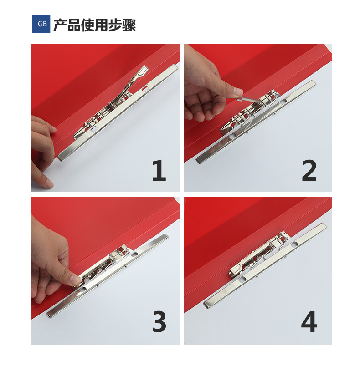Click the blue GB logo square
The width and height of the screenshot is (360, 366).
(x=41, y=24)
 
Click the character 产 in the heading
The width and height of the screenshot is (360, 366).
(x=61, y=25)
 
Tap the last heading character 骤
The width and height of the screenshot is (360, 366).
(x=129, y=25)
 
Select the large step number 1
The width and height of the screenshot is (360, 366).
(x=159, y=170)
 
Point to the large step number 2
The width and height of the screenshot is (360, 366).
(x=309, y=170)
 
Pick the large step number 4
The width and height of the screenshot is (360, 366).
(x=309, y=322)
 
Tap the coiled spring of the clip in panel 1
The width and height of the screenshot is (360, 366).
(x=113, y=106)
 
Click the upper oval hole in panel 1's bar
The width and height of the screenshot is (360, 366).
(x=145, y=88)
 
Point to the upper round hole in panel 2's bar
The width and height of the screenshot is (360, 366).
(x=284, y=101)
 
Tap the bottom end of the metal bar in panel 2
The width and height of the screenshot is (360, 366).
(x=199, y=160)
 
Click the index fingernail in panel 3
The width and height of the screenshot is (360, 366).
(x=74, y=280)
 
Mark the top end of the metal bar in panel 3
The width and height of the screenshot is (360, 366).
(x=165, y=237)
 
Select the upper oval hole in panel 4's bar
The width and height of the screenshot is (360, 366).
(x=294, y=244)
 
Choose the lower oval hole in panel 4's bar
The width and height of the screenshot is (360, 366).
(x=243, y=279)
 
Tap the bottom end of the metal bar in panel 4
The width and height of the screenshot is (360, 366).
(x=207, y=304)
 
